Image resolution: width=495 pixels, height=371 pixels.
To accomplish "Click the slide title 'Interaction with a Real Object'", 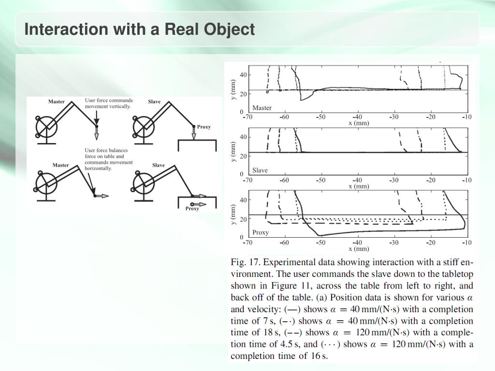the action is click(139, 29).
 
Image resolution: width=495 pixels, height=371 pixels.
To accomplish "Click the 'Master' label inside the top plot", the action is click(262, 108).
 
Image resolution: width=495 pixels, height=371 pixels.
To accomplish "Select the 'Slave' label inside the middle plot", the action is click(260, 170).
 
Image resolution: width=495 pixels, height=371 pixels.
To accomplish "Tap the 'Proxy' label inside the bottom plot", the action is click(260, 232).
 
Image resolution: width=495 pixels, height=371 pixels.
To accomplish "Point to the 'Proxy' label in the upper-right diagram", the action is click(204, 127).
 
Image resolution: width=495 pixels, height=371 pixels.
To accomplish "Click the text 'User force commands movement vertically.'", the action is click(108, 103).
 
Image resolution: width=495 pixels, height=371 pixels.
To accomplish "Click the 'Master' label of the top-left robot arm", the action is click(57, 101).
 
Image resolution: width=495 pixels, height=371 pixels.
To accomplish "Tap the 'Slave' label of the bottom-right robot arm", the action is click(158, 165).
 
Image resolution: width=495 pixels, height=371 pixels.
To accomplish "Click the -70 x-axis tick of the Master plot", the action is click(247, 117).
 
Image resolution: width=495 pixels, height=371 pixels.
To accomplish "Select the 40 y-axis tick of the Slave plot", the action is click(243, 137).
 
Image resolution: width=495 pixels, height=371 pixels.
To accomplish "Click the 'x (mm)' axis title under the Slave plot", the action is click(358, 186).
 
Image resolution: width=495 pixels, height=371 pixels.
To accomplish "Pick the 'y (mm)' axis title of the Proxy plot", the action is click(234, 214).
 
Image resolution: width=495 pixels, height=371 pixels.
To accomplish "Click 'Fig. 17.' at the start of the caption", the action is click(246, 263).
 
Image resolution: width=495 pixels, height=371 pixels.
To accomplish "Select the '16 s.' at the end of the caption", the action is click(319, 356).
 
